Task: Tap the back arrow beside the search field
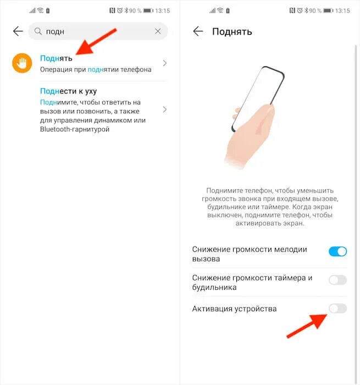tap(18, 31)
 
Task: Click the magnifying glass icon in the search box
tap(38, 31)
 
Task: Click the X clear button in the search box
tap(158, 31)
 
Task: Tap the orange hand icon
tap(22, 63)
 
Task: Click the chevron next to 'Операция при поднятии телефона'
tap(164, 63)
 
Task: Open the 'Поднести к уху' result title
tap(68, 91)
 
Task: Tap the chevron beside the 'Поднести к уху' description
tap(164, 109)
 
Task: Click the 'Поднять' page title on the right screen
tap(232, 31)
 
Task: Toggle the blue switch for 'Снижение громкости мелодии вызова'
tap(337, 251)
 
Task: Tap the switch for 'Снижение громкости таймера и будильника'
tap(337, 280)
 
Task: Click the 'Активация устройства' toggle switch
tap(337, 309)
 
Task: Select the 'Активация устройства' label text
tap(234, 309)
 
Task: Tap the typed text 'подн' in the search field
tap(56, 31)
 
